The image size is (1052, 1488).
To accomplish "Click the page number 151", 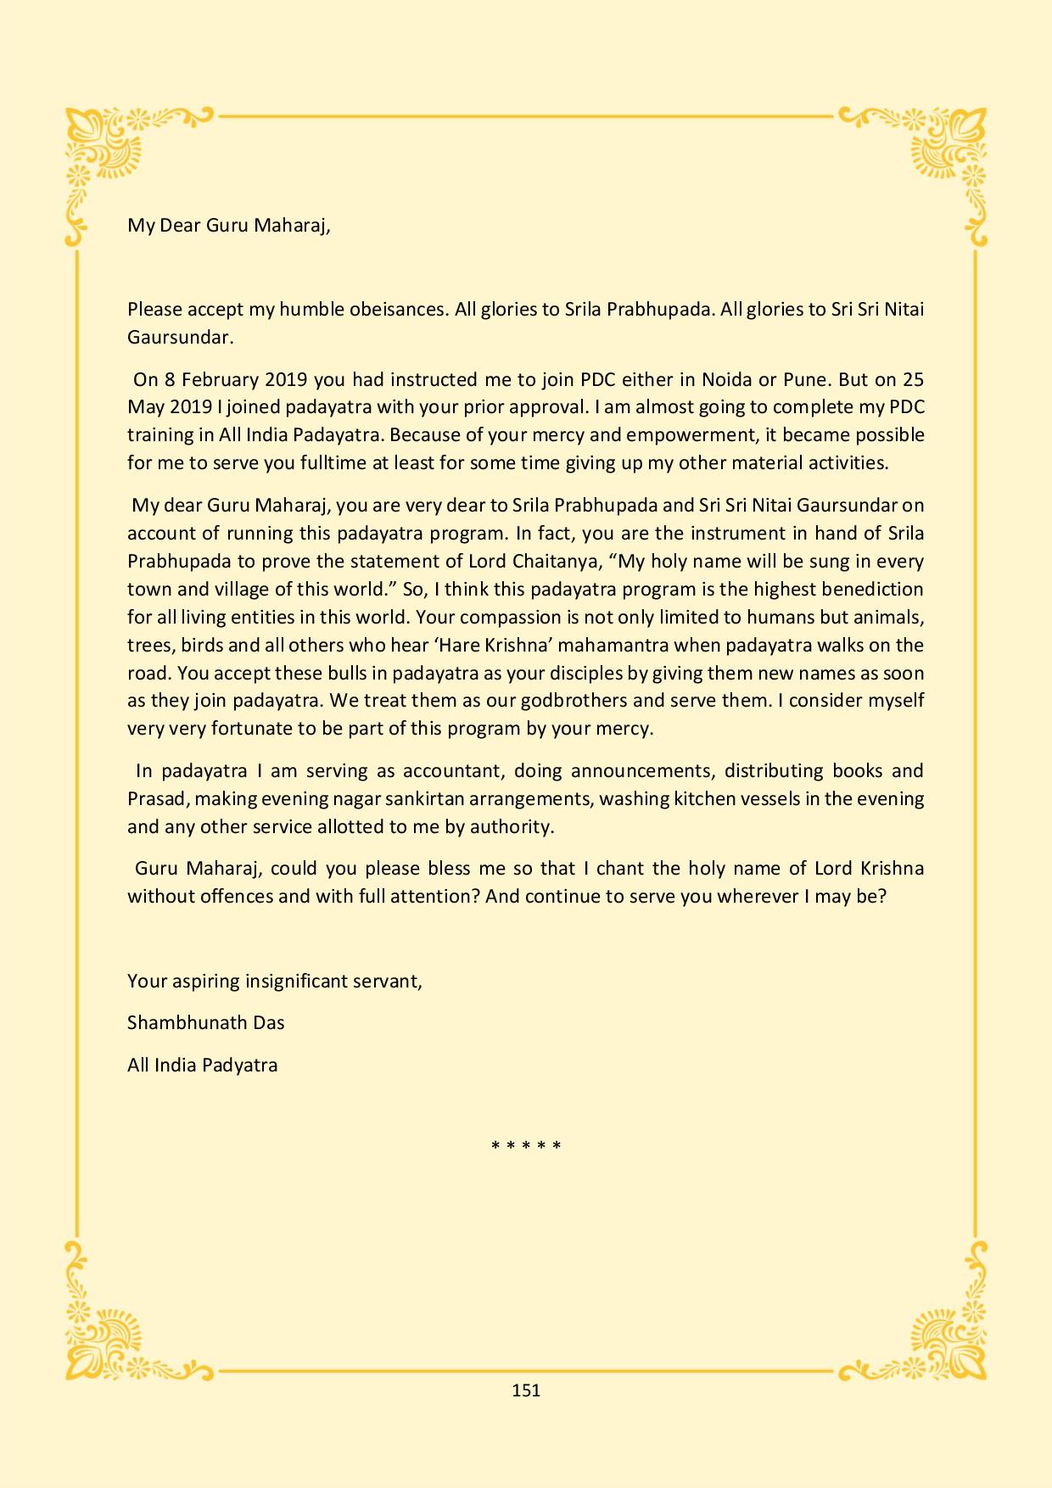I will pyautogui.click(x=526, y=1390).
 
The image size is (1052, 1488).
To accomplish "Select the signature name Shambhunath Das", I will pyautogui.click(x=205, y=1022).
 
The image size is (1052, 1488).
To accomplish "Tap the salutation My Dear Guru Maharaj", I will pyautogui.click(x=228, y=226).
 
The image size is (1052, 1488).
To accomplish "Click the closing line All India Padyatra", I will pyautogui.click(x=202, y=1065).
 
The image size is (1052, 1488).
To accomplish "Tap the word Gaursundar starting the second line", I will pyautogui.click(x=179, y=337).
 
